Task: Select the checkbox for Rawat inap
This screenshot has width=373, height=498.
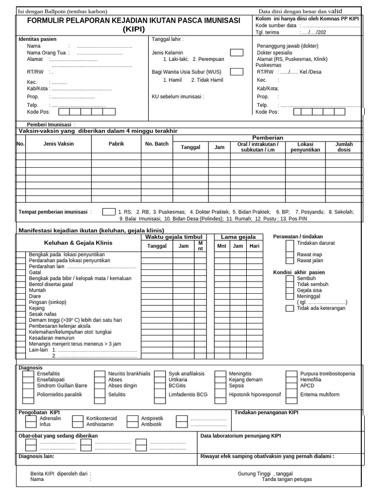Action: [289, 254]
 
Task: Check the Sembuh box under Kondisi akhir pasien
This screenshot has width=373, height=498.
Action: [289, 278]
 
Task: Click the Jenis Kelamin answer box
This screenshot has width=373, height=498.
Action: [237, 53]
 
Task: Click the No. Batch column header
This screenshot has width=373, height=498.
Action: [156, 144]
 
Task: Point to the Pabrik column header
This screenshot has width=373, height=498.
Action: [116, 144]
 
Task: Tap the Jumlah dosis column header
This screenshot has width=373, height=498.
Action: [344, 147]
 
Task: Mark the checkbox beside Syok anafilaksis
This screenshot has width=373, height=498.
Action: [160, 374]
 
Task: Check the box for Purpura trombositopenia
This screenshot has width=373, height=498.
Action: [292, 374]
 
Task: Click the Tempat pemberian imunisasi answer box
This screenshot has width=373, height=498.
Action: [109, 212]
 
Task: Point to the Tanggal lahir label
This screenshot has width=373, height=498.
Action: [168, 39]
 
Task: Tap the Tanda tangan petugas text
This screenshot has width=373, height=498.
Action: [287, 479]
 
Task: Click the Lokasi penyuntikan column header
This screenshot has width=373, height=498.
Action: [305, 147]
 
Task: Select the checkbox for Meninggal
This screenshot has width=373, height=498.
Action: [289, 296]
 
